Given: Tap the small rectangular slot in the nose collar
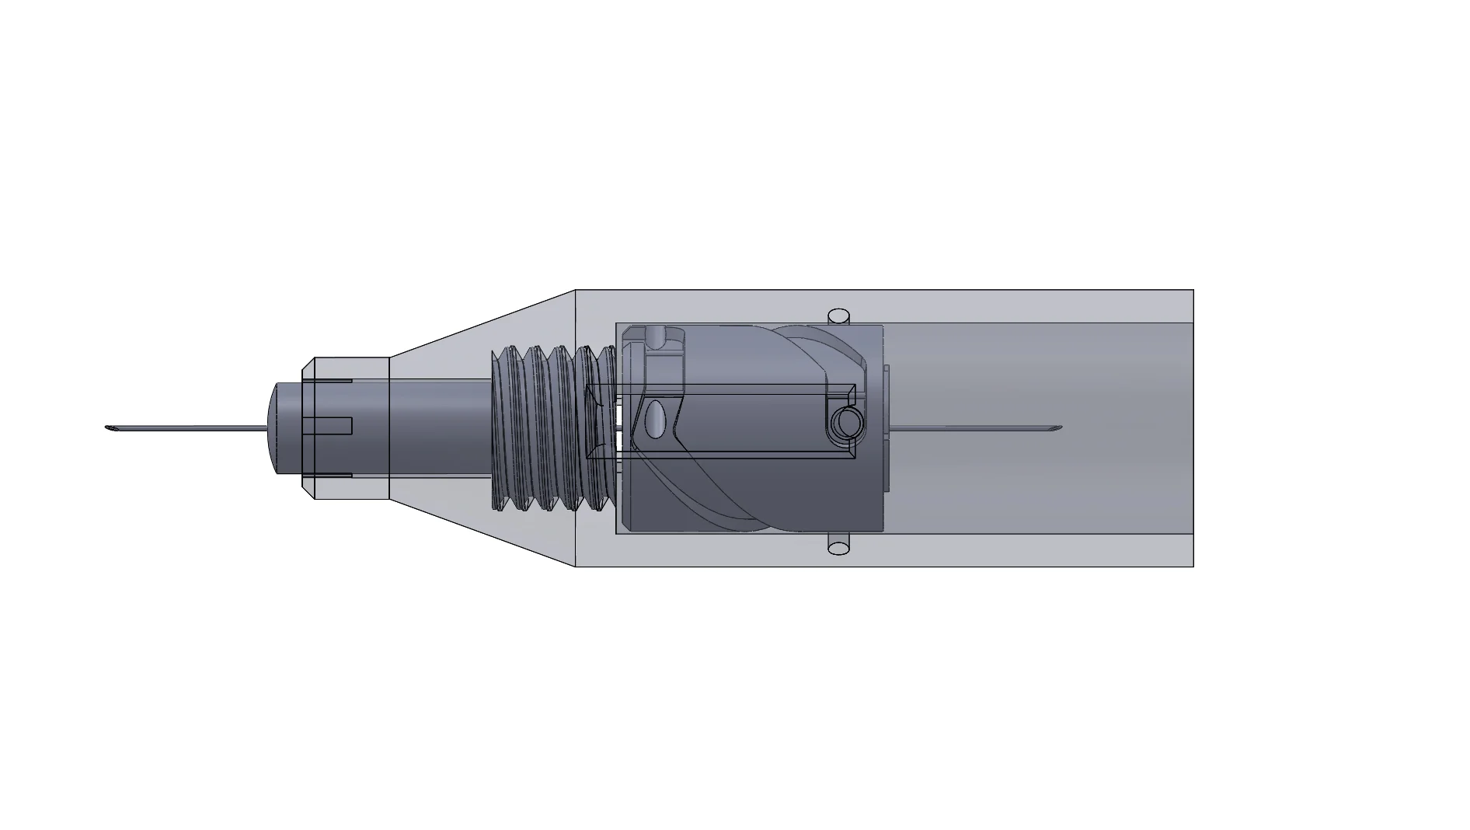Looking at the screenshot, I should pyautogui.click(x=327, y=426).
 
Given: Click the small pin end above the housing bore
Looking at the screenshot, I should pyautogui.click(x=838, y=316).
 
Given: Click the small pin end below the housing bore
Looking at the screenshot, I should pyautogui.click(x=838, y=547).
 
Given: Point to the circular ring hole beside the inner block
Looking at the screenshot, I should pyautogui.click(x=845, y=424).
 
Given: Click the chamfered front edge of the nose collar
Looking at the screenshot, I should pyautogui.click(x=308, y=427).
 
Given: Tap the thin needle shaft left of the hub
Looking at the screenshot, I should pyautogui.click(x=186, y=427).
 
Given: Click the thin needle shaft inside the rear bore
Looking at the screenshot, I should pyautogui.click(x=971, y=427).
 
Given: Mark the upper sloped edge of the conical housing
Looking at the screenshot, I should pyautogui.click(x=482, y=322).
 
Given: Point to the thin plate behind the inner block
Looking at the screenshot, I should pyautogui.click(x=887, y=427).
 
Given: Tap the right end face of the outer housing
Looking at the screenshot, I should pyautogui.click(x=1193, y=427).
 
